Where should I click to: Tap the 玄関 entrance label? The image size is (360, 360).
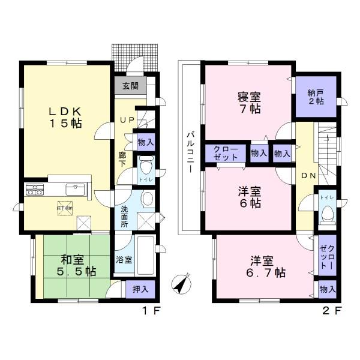pyautogui.click(x=130, y=86)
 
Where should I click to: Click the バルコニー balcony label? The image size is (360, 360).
pyautogui.click(x=188, y=152)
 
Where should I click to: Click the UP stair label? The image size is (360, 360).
pyautogui.click(x=127, y=120)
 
